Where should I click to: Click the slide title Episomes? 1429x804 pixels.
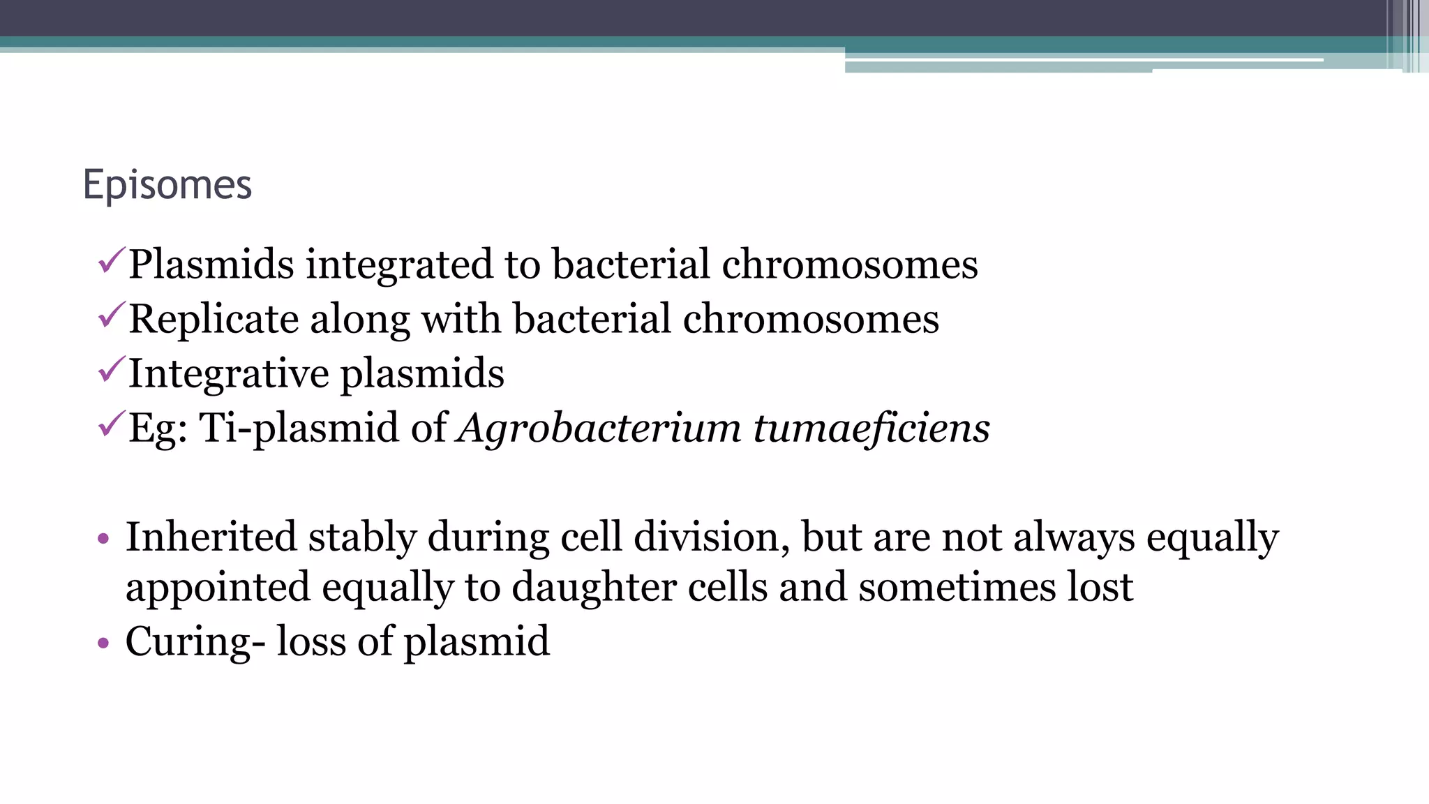[x=167, y=186]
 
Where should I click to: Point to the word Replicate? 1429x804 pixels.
[x=214, y=320]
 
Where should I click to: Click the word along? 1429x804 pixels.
[x=359, y=320]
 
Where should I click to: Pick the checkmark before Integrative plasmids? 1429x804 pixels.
[x=112, y=370]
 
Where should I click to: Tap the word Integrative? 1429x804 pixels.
[x=229, y=374]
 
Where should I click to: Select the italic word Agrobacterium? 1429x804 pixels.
[x=599, y=428]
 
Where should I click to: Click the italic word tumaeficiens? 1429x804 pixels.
[x=871, y=428]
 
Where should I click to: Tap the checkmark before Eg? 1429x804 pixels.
[x=112, y=424]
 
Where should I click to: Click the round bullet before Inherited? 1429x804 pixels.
[x=104, y=539]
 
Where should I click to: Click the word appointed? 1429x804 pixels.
[x=217, y=588]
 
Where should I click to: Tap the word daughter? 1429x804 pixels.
[x=594, y=588]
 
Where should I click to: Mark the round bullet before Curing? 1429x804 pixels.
[x=104, y=643]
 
